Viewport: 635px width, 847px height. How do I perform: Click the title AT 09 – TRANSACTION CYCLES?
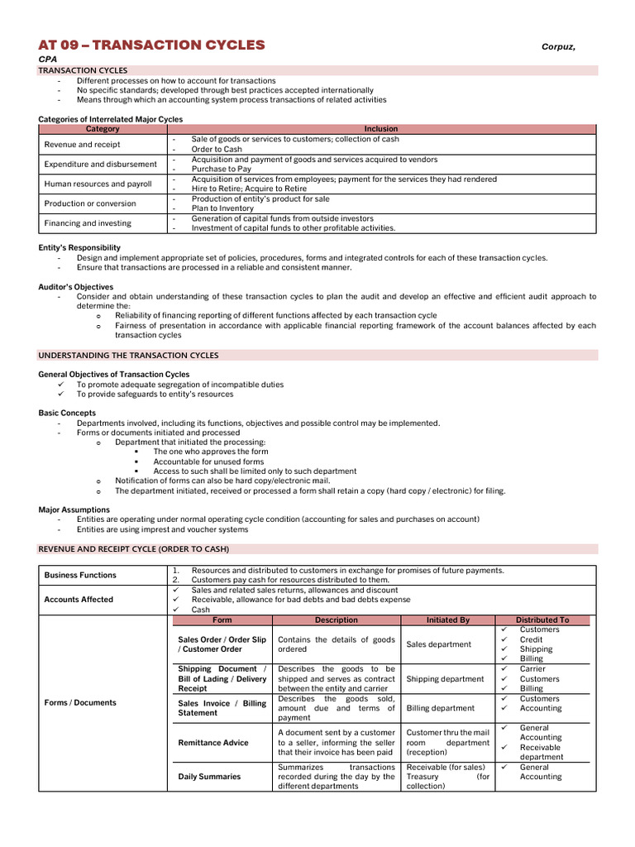[x=152, y=45]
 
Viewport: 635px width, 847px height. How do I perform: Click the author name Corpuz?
[x=558, y=47]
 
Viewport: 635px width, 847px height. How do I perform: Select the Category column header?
[x=103, y=129]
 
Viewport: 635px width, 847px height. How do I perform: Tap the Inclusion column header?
[x=381, y=129]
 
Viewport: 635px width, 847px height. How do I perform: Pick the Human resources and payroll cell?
[x=98, y=184]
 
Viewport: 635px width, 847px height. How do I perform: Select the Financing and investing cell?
[x=88, y=223]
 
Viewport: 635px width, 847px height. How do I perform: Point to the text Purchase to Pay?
[x=221, y=169]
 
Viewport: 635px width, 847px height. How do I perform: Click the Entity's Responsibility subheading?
[x=79, y=247]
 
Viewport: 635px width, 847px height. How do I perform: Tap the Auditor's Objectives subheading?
[x=76, y=286]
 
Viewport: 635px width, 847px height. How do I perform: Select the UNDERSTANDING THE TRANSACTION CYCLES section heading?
[x=129, y=355]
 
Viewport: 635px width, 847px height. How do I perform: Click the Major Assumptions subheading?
[x=74, y=510]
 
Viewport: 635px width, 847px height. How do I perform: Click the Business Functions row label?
[x=80, y=575]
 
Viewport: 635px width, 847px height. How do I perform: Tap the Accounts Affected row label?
[x=79, y=600]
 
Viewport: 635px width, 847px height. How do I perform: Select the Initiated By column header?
[x=447, y=620]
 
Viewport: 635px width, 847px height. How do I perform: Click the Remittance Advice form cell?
[x=213, y=743]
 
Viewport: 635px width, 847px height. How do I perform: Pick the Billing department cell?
[x=440, y=708]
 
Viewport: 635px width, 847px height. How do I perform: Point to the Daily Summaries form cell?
[x=210, y=777]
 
